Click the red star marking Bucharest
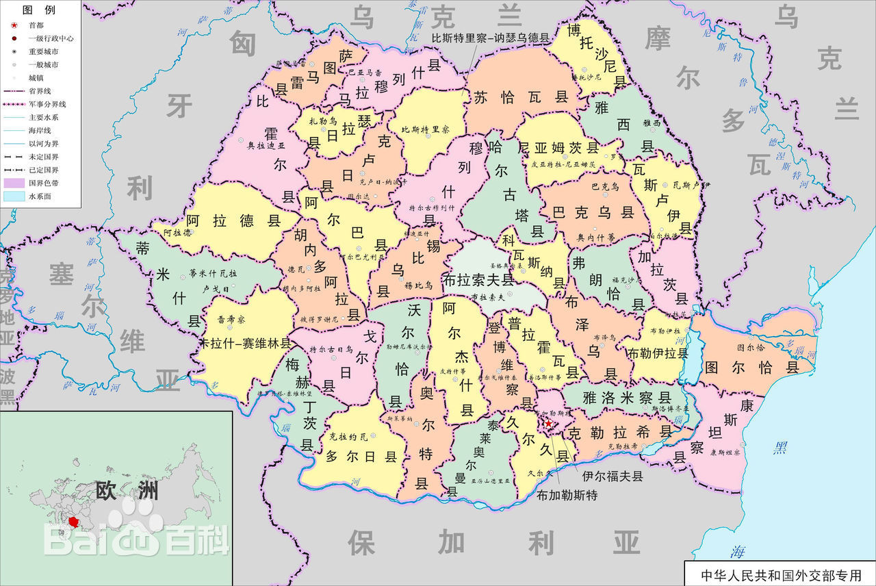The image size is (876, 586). pyautogui.click(x=548, y=424)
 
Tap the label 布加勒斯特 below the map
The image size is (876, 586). pyautogui.click(x=567, y=494)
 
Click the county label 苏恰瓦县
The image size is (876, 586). pyautogui.click(x=521, y=97)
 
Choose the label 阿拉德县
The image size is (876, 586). pyautogui.click(x=234, y=220)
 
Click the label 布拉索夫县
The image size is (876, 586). pyautogui.click(x=478, y=279)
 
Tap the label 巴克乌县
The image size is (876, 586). pyautogui.click(x=593, y=212)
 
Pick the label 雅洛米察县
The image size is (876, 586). pyautogui.click(x=627, y=397)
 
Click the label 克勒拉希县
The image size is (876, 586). pyautogui.click(x=620, y=432)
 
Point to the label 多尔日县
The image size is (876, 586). pyautogui.click(x=361, y=456)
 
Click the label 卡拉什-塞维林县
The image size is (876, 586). pyautogui.click(x=245, y=342)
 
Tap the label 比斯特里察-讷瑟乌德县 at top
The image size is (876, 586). pyautogui.click(x=490, y=38)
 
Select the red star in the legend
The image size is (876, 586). pyautogui.click(x=14, y=25)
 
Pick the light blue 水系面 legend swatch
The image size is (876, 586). pyautogui.click(x=14, y=196)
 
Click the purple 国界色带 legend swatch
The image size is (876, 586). pyautogui.click(x=14, y=183)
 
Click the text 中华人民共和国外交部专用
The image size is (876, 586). pyautogui.click(x=778, y=574)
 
